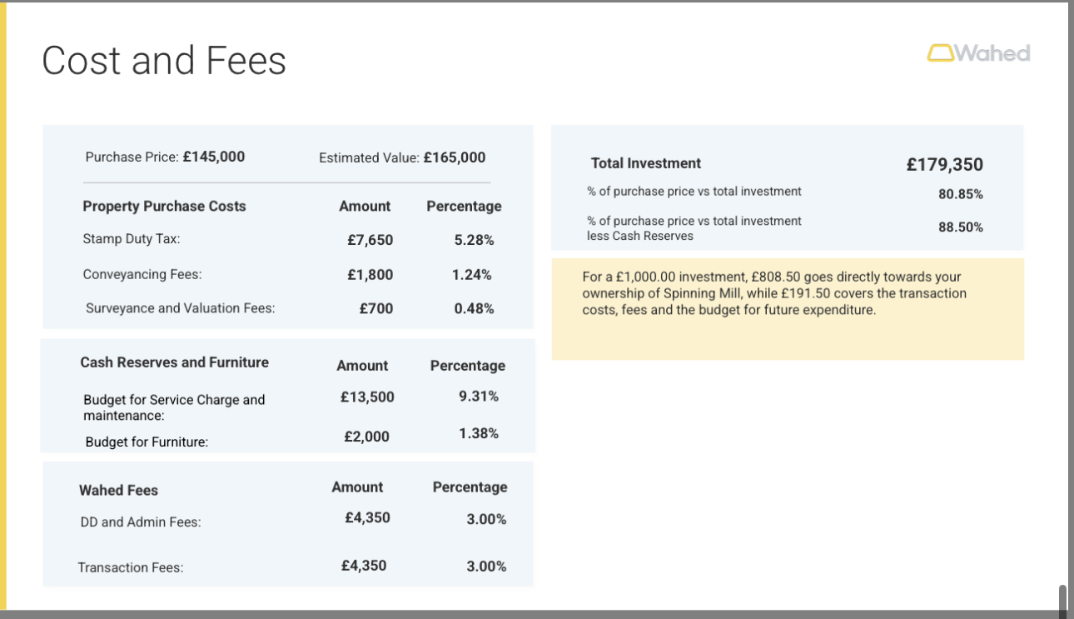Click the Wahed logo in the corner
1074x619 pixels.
(978, 53)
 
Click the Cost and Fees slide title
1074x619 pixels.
(164, 61)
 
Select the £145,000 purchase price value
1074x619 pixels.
(213, 157)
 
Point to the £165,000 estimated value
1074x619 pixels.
(454, 157)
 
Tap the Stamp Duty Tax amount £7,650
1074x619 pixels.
(370, 240)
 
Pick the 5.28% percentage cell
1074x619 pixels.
(474, 240)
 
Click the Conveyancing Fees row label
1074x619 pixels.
(142, 274)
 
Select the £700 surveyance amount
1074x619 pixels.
(375, 308)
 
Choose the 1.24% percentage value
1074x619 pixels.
(471, 274)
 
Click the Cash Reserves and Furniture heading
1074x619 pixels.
(174, 362)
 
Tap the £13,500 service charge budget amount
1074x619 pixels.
(367, 397)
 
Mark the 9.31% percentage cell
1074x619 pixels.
(479, 397)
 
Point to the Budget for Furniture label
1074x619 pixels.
(147, 442)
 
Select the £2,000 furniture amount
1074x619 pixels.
(366, 437)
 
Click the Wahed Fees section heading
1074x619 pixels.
(118, 491)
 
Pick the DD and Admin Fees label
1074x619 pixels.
(140, 522)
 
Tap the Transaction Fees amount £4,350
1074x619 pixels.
(364, 566)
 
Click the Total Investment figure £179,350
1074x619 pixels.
(944, 165)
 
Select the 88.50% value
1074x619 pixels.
(960, 227)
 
